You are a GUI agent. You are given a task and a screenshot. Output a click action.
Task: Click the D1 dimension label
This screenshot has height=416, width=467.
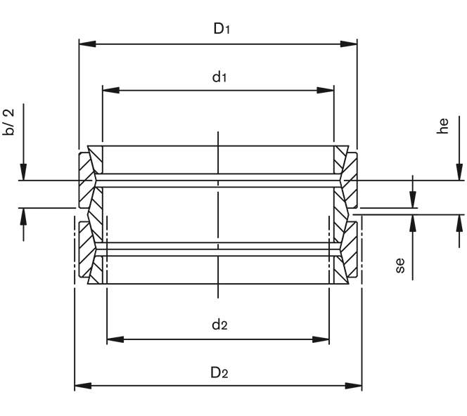pos(222,28)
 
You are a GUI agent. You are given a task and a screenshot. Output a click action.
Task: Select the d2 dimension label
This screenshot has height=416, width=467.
pos(219,325)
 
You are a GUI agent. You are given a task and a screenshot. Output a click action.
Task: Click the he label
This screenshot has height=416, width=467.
pos(442,126)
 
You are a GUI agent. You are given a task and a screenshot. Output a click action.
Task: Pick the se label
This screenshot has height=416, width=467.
pos(400,266)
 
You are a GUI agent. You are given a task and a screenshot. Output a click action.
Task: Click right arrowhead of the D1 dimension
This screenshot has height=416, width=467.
pos(350,44)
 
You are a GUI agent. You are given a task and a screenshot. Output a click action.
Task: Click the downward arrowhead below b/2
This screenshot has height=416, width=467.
pos(23,172)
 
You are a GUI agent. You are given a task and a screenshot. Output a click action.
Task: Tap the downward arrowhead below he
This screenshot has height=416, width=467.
pos(449,172)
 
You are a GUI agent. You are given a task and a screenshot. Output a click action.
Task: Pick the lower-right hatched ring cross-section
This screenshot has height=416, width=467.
pos(347,253)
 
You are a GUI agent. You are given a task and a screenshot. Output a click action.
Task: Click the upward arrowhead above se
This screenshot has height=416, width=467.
pos(413,223)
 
